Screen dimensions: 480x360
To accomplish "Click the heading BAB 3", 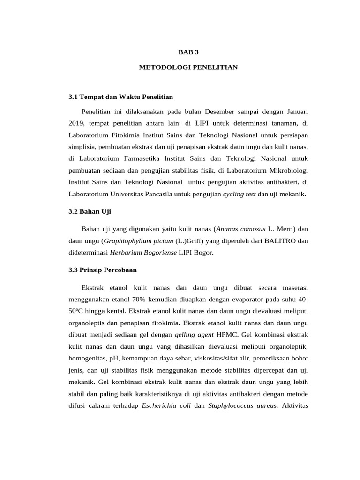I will (x=188, y=52).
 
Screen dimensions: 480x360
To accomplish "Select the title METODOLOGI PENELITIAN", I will (x=188, y=67).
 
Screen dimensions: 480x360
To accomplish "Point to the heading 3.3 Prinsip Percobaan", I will (x=103, y=270).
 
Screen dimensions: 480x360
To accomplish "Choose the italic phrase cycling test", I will (x=239, y=194).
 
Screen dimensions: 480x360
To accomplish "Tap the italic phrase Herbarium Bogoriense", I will (x=143, y=253).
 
